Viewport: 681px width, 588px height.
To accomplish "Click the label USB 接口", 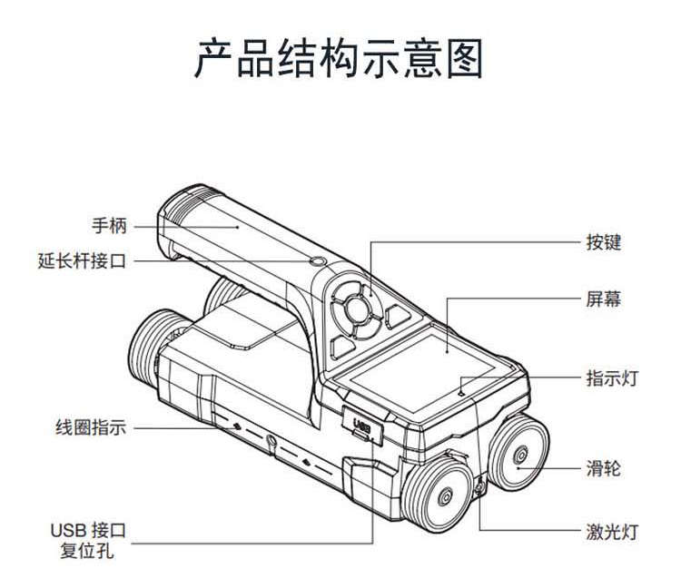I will click(87, 530).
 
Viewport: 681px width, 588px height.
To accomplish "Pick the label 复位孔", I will click(87, 551).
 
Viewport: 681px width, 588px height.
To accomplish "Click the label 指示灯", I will click(612, 378).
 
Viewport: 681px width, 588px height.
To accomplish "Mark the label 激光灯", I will click(612, 532).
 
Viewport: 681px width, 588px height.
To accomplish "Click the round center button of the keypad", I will click(357, 310).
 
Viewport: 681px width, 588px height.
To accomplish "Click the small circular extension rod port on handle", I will click(318, 261).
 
